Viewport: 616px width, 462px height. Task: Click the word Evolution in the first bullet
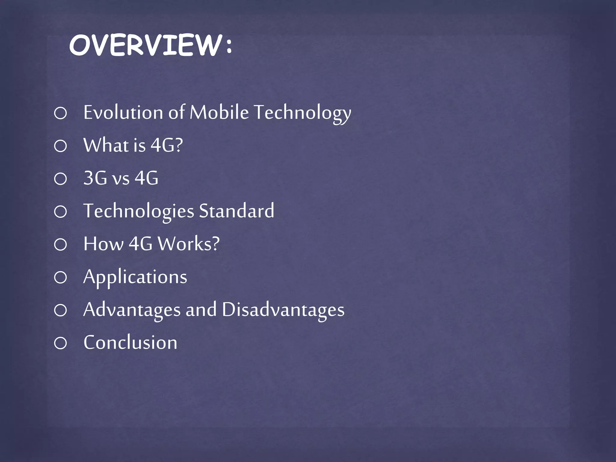coord(123,112)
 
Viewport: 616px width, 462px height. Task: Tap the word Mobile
coord(219,112)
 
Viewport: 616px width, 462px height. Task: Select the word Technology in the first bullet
coord(302,113)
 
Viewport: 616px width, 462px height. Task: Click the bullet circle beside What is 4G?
coord(60,146)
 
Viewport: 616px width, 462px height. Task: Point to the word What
coord(106,145)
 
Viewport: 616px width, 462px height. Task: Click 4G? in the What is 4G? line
coord(166,145)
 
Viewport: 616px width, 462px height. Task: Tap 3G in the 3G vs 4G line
coord(95,178)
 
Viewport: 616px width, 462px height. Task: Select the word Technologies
coord(139,211)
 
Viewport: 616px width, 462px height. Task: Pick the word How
coord(103,244)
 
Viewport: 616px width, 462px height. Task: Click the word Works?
coord(189,244)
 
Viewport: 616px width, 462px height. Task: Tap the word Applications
coord(135,277)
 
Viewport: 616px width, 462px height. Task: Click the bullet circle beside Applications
coord(60,277)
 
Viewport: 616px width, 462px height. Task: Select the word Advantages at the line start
coord(131,310)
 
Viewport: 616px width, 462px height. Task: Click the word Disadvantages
coord(283,310)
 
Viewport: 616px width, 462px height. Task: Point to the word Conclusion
coord(130,343)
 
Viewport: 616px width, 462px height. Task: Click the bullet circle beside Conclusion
coord(60,343)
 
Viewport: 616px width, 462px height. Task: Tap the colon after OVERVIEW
coord(229,46)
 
